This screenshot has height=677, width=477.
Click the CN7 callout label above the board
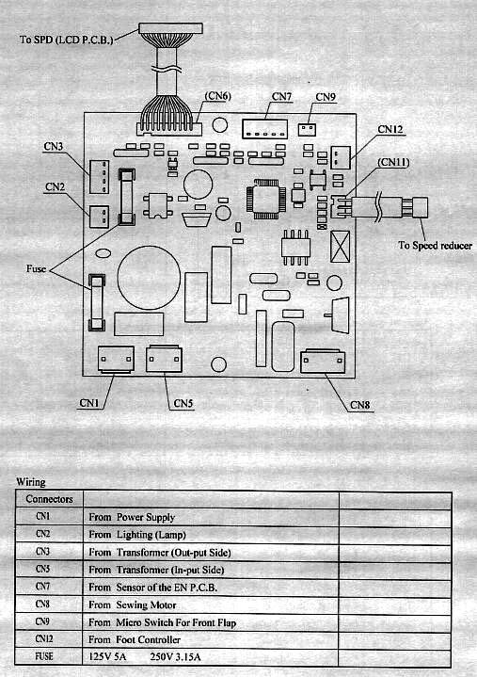[281, 96]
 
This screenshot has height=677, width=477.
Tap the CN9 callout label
[326, 97]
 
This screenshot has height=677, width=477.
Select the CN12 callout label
[390, 129]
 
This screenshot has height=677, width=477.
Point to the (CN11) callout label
[393, 162]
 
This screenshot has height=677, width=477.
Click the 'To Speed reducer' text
[435, 245]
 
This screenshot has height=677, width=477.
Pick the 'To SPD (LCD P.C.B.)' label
[67, 40]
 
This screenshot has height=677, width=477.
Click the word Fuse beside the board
[36, 268]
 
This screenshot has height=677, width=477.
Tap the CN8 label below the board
[360, 405]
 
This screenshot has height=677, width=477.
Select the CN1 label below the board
[88, 403]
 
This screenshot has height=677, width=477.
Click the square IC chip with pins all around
[265, 199]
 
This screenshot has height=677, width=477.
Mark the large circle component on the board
[149, 278]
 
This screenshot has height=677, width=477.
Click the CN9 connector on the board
[307, 129]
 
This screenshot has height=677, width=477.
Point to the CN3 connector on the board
[99, 177]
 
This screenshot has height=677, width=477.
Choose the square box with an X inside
[340, 247]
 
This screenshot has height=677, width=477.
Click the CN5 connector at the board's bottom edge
[164, 359]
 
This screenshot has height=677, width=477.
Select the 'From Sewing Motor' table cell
[133, 604]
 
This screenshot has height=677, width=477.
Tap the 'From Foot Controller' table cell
[135, 639]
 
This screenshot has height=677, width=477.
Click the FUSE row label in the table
[44, 656]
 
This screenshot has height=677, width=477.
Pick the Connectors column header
[49, 499]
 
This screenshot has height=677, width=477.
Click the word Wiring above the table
[31, 482]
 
